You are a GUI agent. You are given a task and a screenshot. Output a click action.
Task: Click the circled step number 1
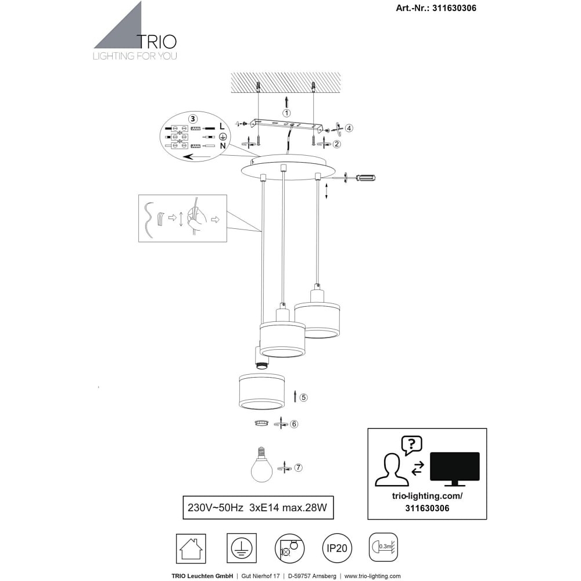pyautogui.click(x=286, y=113)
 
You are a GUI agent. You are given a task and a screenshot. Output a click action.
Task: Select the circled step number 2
pyautogui.click(x=336, y=144)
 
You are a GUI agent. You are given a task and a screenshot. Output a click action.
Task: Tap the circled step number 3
pyautogui.click(x=193, y=119)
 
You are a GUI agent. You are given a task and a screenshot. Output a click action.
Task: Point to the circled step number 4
pyautogui.click(x=349, y=128)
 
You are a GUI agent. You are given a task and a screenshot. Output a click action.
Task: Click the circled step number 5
pyautogui.click(x=303, y=397)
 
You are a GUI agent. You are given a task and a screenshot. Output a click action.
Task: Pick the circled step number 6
pyautogui.click(x=294, y=424)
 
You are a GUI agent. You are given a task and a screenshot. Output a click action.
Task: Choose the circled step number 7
pyautogui.click(x=298, y=468)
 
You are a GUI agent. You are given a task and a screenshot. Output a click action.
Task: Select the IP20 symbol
pyautogui.click(x=337, y=548)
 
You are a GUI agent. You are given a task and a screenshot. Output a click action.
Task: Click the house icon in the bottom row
pyautogui.click(x=191, y=549)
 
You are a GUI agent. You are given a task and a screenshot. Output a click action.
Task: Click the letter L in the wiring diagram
pyautogui.click(x=222, y=127)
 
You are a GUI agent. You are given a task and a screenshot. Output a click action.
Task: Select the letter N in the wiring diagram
pyautogui.click(x=223, y=146)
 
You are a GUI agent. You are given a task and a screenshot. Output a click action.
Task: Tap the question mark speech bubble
pyautogui.click(x=412, y=444)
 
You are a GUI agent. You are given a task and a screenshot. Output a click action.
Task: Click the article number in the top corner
pyautogui.click(x=436, y=8)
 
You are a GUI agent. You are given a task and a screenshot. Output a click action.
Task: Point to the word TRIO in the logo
pyautogui.click(x=157, y=42)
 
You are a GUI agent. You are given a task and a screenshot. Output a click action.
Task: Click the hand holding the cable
pyautogui.click(x=196, y=220)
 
